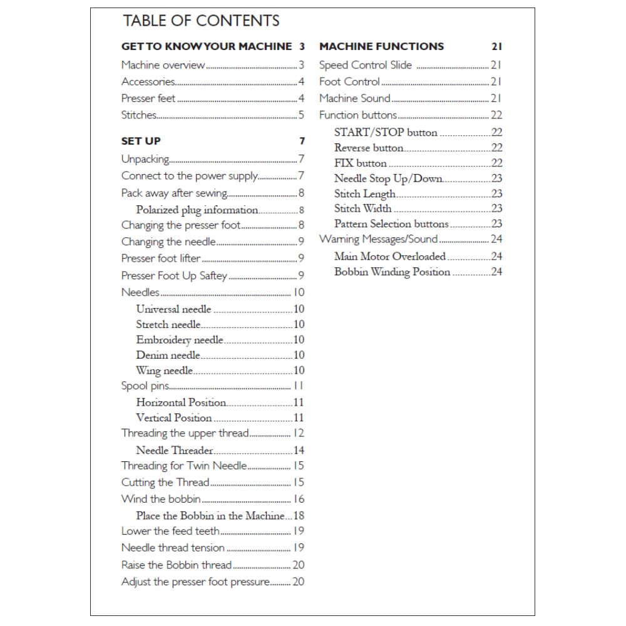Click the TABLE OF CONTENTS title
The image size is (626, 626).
(201, 21)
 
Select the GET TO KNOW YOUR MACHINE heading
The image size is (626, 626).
(207, 46)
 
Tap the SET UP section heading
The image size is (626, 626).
(141, 141)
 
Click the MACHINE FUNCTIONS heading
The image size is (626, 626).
(381, 46)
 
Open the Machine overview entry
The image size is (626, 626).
(163, 65)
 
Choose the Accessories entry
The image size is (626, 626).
(148, 81)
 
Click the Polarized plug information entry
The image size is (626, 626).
(197, 210)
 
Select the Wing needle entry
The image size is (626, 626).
(164, 371)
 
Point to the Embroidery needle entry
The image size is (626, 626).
(179, 340)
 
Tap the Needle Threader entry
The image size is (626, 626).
(174, 450)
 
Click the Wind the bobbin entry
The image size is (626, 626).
(161, 499)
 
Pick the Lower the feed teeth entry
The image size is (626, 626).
(170, 531)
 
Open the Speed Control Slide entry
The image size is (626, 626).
(366, 65)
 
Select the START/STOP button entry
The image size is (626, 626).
(386, 133)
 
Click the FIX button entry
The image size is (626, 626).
(360, 163)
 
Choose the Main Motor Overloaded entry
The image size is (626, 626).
(389, 256)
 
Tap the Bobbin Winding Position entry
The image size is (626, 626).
(392, 272)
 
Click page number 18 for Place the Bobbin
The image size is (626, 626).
(299, 516)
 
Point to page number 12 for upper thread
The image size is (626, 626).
(299, 433)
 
